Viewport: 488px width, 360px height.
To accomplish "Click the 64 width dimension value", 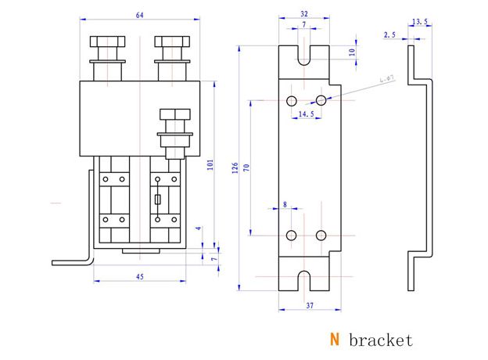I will coord(139,15).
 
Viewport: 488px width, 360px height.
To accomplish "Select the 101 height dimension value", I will coord(209,165).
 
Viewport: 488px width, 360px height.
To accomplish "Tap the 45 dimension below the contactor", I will coord(139,275).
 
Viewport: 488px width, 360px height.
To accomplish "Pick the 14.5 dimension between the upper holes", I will coord(307,114).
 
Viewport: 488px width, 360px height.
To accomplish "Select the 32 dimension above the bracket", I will coord(303,14).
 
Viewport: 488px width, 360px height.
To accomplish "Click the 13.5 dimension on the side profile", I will coord(419,22).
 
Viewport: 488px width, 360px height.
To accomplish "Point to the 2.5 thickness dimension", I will coord(389,35).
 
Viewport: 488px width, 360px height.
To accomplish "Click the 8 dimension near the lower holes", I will coord(284,204).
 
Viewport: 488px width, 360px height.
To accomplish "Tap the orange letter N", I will coord(334,340).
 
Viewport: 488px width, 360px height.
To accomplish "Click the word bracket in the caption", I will coord(381,340).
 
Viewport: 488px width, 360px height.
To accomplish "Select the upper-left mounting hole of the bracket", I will coord(292,100).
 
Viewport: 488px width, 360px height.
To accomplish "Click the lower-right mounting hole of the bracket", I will coord(321,235).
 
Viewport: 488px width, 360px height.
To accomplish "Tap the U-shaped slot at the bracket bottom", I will coord(306,281).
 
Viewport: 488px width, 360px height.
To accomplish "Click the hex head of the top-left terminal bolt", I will coord(106,42).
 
